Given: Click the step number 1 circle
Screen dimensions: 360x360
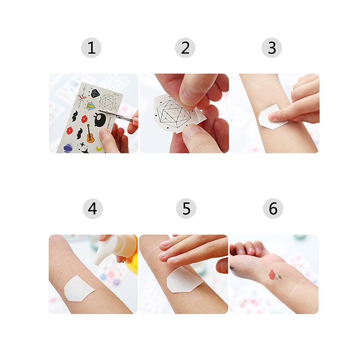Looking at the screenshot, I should [x=91, y=48].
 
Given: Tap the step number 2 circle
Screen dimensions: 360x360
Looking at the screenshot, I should [x=185, y=48].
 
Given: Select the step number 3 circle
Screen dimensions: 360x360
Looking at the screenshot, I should [x=272, y=48].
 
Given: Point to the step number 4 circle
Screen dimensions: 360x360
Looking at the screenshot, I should [x=93, y=209].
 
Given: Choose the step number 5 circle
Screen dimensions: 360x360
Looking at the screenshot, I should [x=186, y=209].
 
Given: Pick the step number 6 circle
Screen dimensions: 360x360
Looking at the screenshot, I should [x=273, y=209].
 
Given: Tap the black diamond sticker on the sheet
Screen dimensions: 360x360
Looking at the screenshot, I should [x=95, y=93].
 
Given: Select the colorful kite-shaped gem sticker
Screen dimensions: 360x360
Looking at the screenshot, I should [x=91, y=107].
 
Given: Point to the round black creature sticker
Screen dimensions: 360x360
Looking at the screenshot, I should [x=99, y=120].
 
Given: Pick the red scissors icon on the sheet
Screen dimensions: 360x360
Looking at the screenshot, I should [x=81, y=97].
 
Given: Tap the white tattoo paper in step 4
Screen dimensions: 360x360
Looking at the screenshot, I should [x=77, y=288].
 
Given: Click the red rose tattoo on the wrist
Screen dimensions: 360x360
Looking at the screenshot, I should [x=272, y=274].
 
